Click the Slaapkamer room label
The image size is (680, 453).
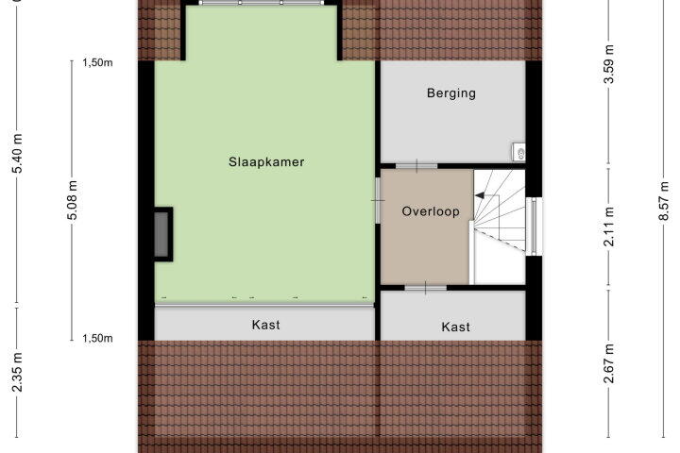[266, 162]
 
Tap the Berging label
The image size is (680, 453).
[451, 93]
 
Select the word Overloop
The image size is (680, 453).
[431, 211]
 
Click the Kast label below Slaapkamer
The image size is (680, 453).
[265, 325]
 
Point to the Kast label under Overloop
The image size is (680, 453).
[456, 327]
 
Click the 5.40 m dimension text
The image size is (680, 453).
[17, 154]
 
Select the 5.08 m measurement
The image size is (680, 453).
[73, 200]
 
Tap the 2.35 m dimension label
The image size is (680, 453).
[17, 372]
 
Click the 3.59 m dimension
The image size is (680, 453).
[609, 64]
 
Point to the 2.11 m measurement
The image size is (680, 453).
[609, 226]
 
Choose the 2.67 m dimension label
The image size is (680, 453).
[609, 363]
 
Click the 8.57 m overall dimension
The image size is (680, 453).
[664, 201]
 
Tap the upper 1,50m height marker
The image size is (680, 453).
[97, 63]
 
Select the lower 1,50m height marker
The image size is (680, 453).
[97, 338]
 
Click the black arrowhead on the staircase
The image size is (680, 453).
[480, 196]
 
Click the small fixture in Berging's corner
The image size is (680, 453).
[518, 152]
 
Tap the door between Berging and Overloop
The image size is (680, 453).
[416, 166]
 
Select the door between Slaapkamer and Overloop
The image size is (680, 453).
[378, 200]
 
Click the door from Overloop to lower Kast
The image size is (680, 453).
[425, 288]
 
